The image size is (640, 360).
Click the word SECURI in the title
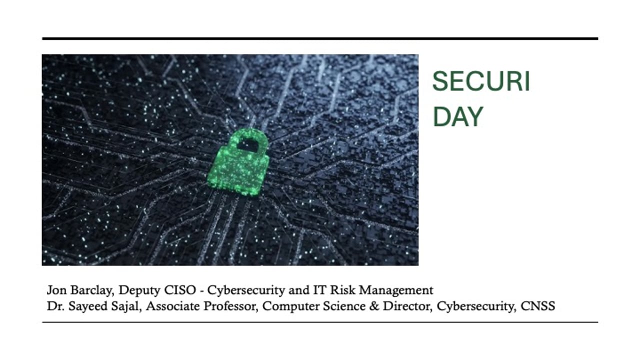click(x=480, y=82)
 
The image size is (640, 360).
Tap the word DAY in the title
click(x=457, y=117)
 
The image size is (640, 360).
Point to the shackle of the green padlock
click(x=248, y=139)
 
